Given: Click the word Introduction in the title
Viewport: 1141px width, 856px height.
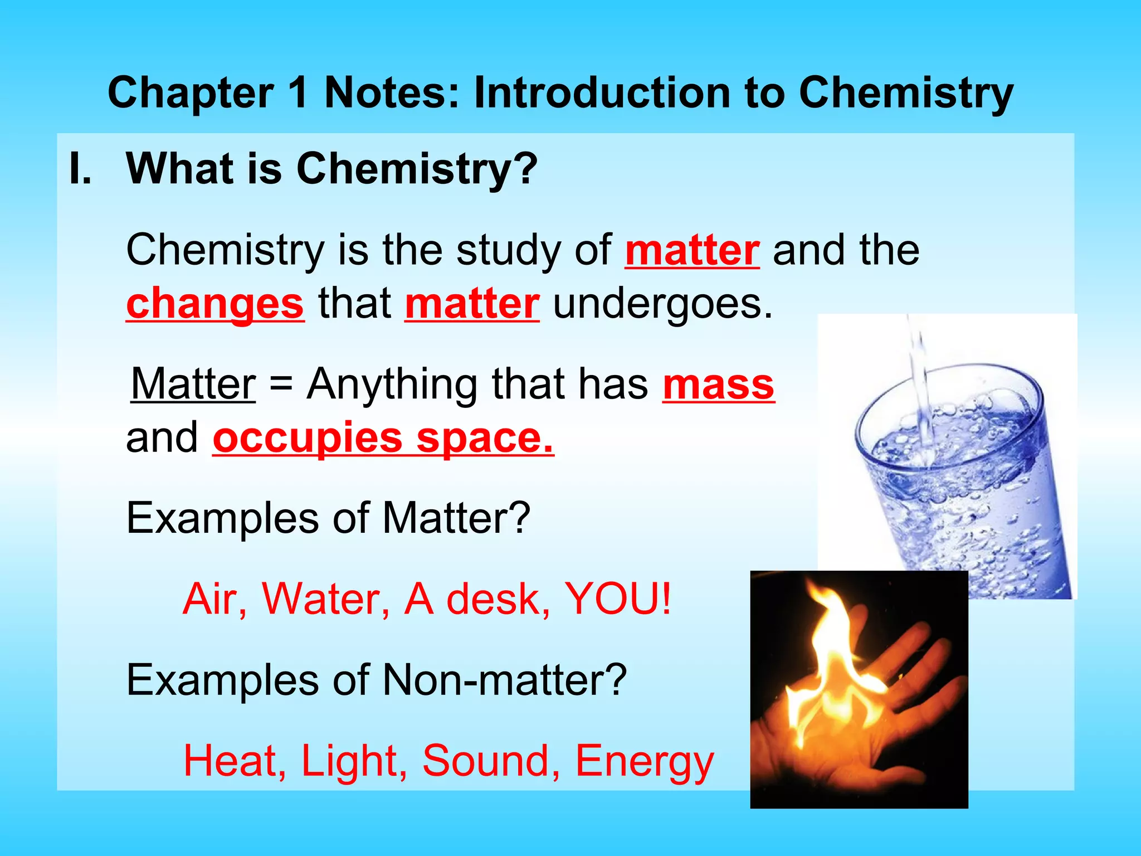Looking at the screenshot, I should click(x=602, y=93).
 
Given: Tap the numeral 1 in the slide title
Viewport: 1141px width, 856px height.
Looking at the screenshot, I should click(x=299, y=93).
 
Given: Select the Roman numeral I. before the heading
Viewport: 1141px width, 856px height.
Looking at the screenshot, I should click(x=80, y=168).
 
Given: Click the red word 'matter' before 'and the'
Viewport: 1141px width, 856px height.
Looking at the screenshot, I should click(x=692, y=251).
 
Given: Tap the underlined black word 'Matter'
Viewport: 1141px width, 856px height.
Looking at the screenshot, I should click(x=193, y=385).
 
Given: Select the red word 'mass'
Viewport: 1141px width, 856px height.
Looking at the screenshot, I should click(x=719, y=385).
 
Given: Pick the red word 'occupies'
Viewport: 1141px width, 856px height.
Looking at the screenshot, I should click(x=308, y=439).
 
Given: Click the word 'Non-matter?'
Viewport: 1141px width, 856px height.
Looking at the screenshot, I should click(x=504, y=680).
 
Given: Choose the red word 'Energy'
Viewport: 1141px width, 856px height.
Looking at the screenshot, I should click(x=644, y=761).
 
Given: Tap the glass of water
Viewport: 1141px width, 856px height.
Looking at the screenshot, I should click(x=964, y=490).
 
